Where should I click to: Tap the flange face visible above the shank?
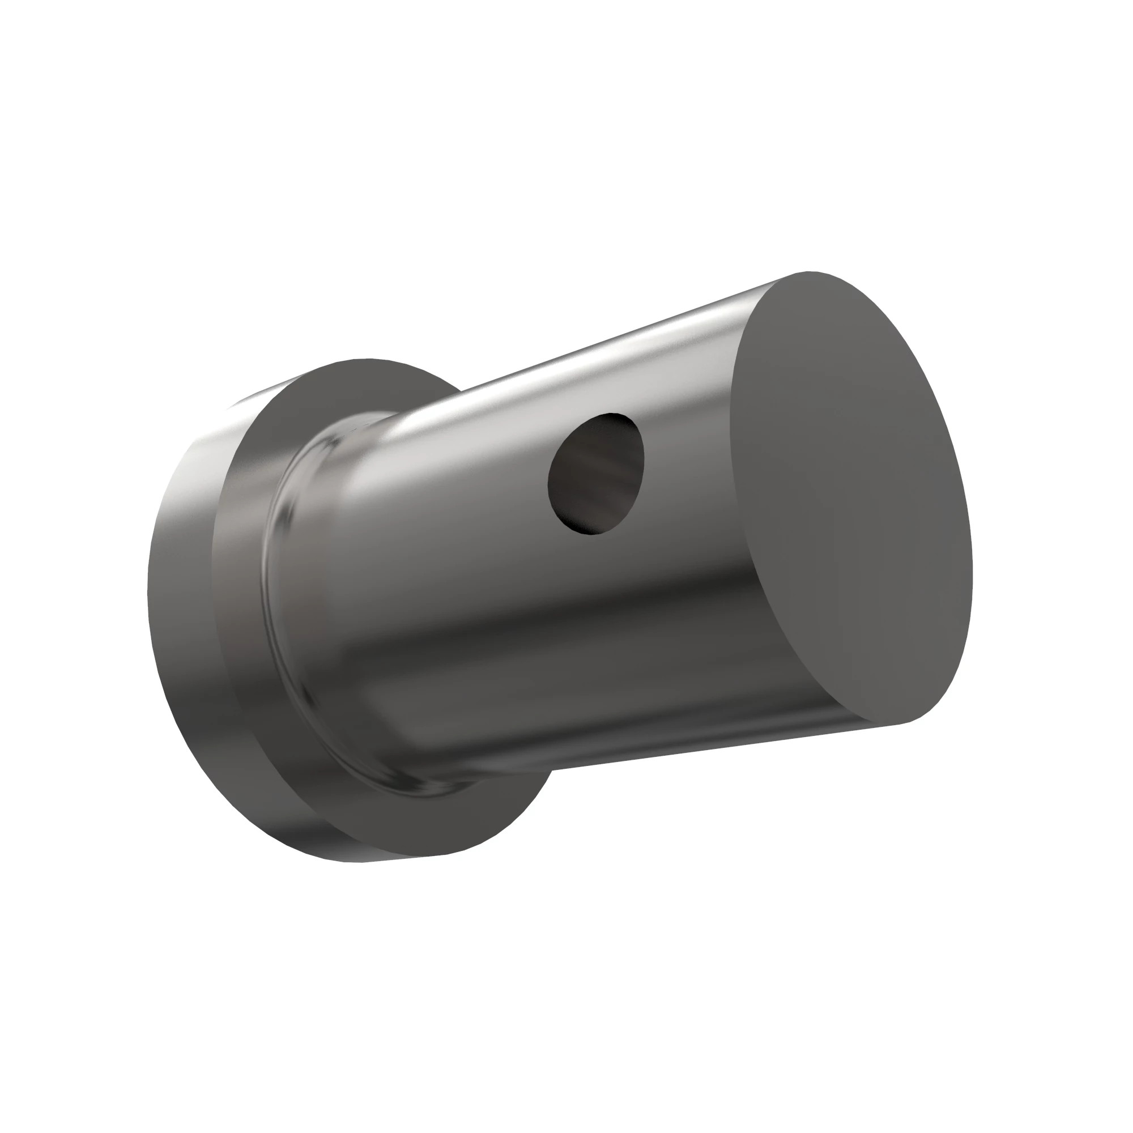click(x=352, y=387)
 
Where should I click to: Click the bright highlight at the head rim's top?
click(x=246, y=404)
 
